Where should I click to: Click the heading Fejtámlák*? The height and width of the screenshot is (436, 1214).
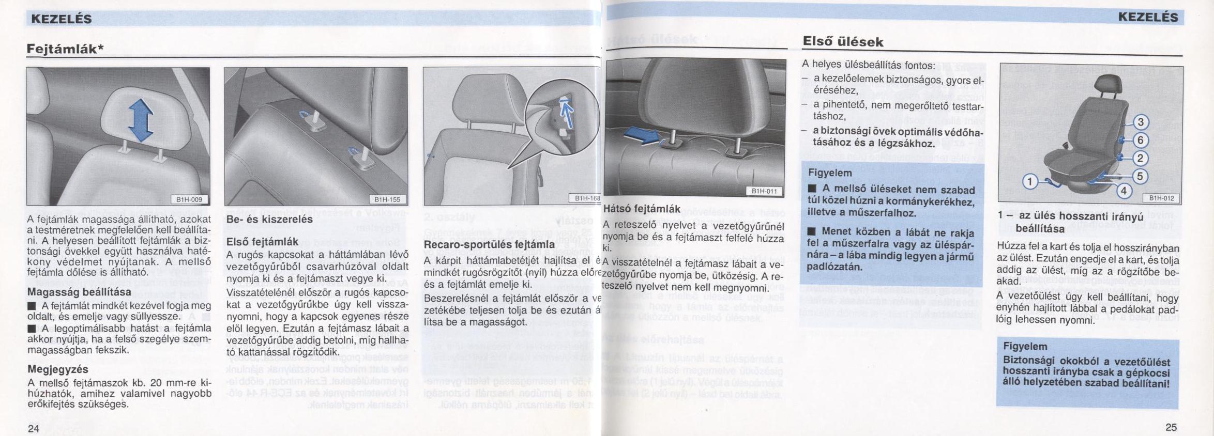tap(65, 49)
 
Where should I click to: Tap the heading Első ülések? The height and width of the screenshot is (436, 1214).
tap(843, 42)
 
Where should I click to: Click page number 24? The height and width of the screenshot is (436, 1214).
tap(34, 427)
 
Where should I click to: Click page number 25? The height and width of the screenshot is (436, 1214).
tap(1171, 427)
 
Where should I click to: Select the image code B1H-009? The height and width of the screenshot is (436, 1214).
tap(189, 199)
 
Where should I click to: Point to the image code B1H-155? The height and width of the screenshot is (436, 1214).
tap(387, 199)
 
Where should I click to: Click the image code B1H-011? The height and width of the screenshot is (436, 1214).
tap(764, 191)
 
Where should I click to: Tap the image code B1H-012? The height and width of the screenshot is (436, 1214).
tap(1161, 198)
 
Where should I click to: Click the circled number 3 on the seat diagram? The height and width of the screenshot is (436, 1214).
tap(1141, 122)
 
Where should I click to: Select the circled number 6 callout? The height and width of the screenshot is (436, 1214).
tap(1141, 140)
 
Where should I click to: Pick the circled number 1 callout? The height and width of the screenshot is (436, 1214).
tap(1030, 181)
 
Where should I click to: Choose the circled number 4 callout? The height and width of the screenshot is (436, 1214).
tap(1123, 191)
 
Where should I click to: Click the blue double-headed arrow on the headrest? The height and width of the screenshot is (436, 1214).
tap(141, 120)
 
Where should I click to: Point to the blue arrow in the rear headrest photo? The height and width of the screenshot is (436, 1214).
tap(642, 135)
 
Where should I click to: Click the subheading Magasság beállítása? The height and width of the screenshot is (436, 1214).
tap(79, 292)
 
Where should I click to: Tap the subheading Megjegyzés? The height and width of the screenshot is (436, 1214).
tap(58, 369)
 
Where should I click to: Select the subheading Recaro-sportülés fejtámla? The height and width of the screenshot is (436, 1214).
tap(489, 244)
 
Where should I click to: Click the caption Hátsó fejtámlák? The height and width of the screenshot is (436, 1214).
tap(642, 209)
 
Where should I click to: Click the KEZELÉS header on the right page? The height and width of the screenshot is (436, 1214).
tap(1147, 18)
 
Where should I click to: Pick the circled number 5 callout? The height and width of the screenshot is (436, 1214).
tap(1140, 176)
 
